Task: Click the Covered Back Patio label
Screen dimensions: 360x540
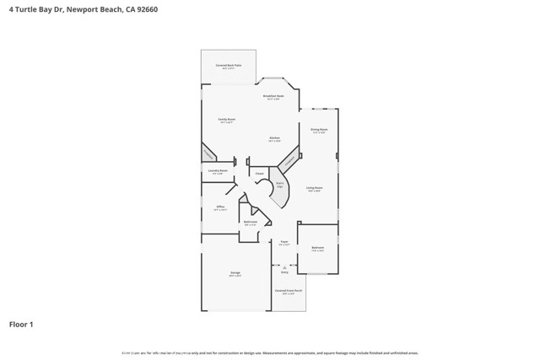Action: click(x=228, y=66)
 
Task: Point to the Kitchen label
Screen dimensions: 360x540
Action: click(x=275, y=139)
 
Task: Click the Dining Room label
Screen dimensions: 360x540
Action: click(x=319, y=130)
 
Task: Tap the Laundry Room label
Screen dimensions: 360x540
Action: click(x=218, y=171)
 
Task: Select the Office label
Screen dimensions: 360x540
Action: click(x=220, y=207)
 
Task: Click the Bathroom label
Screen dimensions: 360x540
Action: click(x=251, y=223)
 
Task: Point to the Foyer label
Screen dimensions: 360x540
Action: click(x=284, y=243)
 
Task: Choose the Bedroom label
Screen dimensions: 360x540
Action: click(x=318, y=249)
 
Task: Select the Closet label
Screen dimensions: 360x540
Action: click(x=260, y=174)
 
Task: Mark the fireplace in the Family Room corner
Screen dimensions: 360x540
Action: click(x=208, y=153)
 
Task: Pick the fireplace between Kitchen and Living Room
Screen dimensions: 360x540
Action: click(x=289, y=158)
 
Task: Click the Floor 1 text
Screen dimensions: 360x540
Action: click(x=21, y=324)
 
